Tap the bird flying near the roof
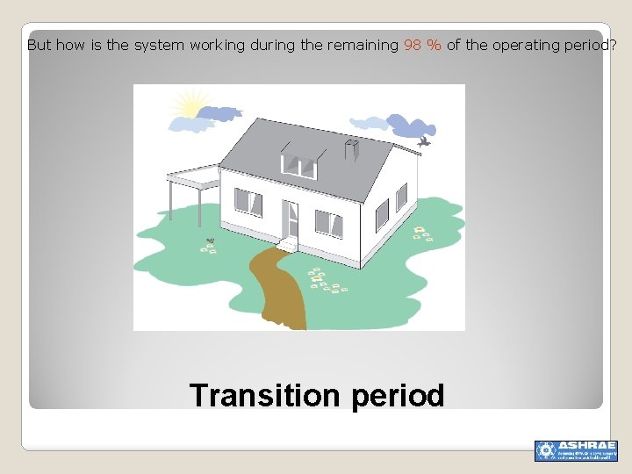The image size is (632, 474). (425, 140)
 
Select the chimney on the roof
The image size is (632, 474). (353, 150)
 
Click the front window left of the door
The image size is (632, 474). (248, 203)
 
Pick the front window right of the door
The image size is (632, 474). (327, 223)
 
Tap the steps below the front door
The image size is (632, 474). (288, 244)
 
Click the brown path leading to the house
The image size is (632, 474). (279, 290)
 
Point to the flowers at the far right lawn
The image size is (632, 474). (423, 233)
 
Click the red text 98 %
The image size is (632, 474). (422, 45)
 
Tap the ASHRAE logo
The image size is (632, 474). (575, 450)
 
